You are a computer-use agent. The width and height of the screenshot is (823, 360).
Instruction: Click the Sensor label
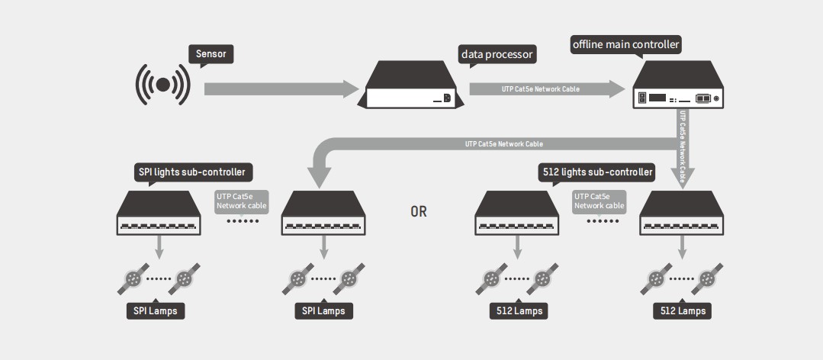coord(211,54)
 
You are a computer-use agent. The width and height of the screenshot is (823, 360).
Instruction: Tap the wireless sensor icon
coord(162,85)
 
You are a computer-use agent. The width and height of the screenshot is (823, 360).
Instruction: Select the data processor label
coord(497,54)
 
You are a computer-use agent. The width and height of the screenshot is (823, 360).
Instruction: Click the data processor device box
coord(410,88)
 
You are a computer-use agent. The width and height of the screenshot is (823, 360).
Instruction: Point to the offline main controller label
coord(625,45)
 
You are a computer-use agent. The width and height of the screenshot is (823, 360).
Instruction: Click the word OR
coord(419,212)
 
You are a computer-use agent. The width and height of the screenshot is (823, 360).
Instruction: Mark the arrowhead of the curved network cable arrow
coord(320,177)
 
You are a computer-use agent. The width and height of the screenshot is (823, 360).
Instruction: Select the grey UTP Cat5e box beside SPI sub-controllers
coord(240,201)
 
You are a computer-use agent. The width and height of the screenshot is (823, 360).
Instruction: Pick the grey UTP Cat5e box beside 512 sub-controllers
coord(600,201)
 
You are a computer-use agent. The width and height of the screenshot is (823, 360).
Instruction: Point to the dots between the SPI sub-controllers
coord(243,221)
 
